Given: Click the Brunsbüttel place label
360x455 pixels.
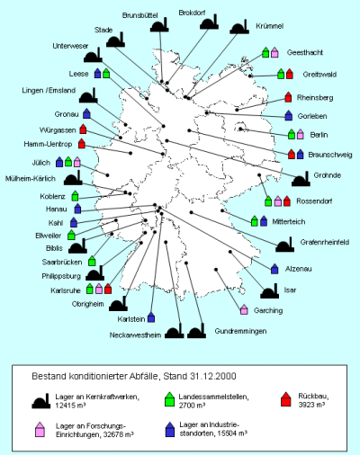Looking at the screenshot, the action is pos(139,15).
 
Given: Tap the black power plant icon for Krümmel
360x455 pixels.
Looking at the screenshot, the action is pos(239,27).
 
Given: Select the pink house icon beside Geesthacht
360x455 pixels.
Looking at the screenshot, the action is pos(274,52).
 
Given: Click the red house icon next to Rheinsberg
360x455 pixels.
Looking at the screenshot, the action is pos(288,97).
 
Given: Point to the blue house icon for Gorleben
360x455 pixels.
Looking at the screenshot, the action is pos(289,115).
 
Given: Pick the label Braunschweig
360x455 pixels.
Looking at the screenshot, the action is pos(330,155).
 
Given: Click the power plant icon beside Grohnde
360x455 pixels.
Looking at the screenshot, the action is pos(301,179).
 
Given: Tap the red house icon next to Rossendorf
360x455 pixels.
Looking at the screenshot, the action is pos(287,201).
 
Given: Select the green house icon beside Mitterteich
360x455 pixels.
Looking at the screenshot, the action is pos(255,221).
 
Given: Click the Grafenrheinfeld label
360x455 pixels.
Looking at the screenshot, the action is pos(325,242).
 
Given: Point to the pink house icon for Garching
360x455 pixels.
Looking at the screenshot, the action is pos(244,309).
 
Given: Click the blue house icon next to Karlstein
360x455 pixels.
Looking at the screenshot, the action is pos(151,317).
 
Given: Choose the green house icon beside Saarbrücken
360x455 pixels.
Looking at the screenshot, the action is pos(92,261).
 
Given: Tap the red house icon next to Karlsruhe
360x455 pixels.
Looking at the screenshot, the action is pos(108,289).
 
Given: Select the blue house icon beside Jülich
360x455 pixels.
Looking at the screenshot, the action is pos(59,162).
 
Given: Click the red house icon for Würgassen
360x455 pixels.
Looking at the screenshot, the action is pos(83,129).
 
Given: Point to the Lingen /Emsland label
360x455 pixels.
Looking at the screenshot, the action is pos(49,91).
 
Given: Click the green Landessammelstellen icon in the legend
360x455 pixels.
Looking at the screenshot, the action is pos(170,399).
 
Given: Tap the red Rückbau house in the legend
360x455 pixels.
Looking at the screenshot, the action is pos(286,399).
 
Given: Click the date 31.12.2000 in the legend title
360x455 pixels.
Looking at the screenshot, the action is pos(212,376).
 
